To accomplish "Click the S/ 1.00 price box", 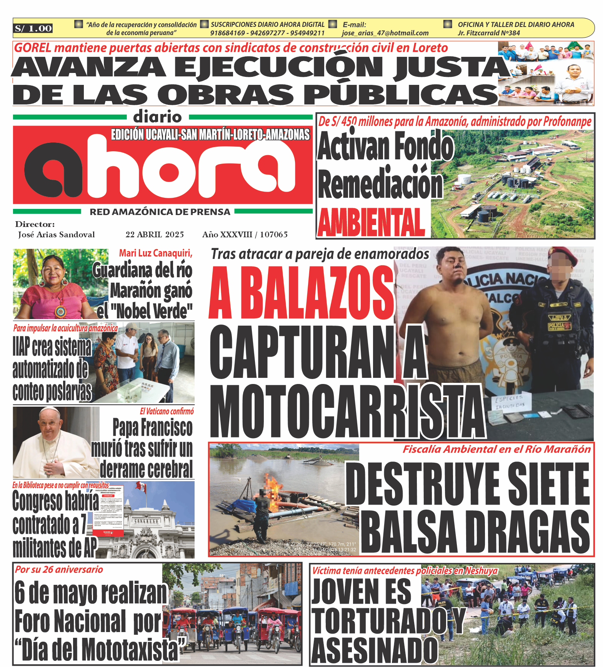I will click(33, 28).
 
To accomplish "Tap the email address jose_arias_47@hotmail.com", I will click(385, 33).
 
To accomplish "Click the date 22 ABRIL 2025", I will click(155, 235).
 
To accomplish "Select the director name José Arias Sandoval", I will click(56, 235).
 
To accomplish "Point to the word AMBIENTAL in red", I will click(371, 223).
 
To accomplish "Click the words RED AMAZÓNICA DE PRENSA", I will click(160, 212).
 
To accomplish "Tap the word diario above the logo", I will click(158, 117).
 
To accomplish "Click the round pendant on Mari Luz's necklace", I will click(60, 311).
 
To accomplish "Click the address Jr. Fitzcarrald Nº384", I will click(488, 33).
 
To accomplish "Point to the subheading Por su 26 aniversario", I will click(59, 569).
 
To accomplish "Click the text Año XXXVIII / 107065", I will click(245, 235).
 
